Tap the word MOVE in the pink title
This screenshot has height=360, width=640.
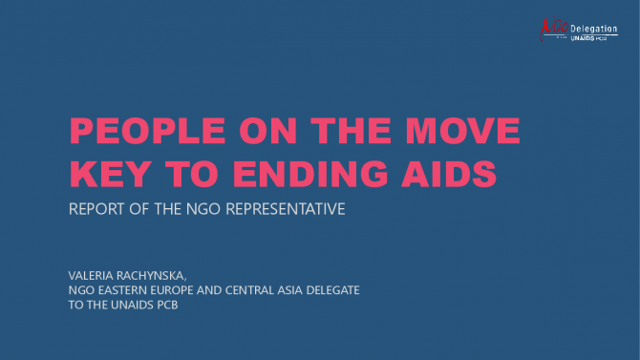462,131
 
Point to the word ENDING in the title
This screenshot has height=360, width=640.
310,174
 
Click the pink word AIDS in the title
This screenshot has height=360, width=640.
449,174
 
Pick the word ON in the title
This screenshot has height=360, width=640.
267,131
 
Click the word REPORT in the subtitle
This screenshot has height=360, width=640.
96,209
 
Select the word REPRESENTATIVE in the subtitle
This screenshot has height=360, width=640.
286,209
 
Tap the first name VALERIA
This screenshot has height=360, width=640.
91,276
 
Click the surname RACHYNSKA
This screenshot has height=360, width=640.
149,276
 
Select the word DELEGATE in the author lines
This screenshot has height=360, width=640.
332,290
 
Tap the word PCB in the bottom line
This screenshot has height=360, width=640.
167,305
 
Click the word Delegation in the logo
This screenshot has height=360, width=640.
594,29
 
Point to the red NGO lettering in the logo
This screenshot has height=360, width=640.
554,28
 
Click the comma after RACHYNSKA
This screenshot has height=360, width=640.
185,279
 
